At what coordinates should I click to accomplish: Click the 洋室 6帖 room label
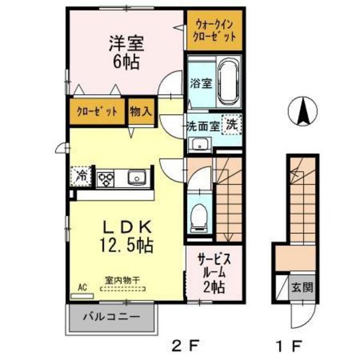click(x=127, y=53)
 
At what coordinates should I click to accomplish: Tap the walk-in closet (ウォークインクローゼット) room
click(x=215, y=30)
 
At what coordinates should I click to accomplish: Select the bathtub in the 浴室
click(x=229, y=81)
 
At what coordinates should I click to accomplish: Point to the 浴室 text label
click(x=201, y=83)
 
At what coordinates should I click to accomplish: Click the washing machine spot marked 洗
click(x=232, y=124)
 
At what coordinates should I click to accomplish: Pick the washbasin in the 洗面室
click(x=200, y=145)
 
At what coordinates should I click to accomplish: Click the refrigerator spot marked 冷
click(x=81, y=176)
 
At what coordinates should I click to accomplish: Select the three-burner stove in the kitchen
click(x=106, y=179)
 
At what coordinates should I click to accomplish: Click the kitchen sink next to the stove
click(x=137, y=177)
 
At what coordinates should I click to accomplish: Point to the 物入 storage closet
click(x=141, y=112)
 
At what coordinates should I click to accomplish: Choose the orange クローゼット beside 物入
click(x=97, y=112)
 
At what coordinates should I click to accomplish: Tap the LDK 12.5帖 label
click(x=127, y=237)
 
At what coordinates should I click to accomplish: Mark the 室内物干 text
click(x=122, y=280)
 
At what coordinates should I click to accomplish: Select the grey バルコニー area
click(x=111, y=318)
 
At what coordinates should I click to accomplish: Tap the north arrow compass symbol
click(x=303, y=111)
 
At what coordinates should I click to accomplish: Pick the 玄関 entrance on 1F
click(x=302, y=287)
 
